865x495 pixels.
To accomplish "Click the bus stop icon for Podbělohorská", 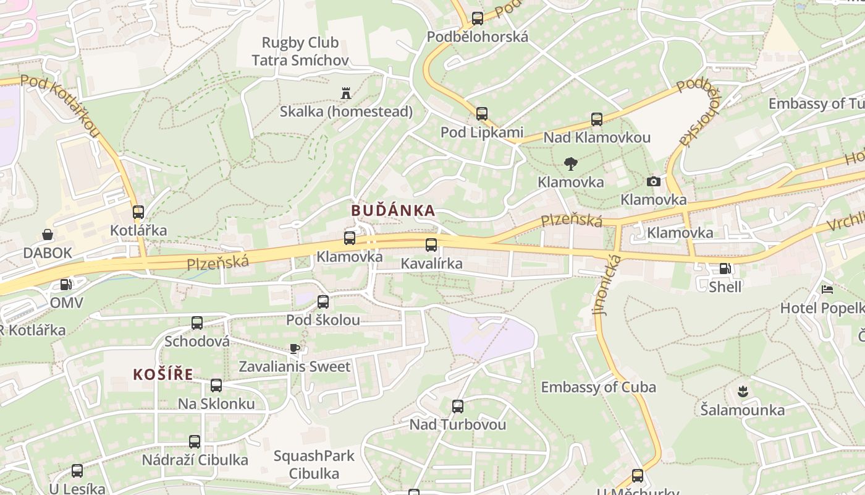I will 477,19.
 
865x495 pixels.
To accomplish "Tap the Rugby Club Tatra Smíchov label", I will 300,51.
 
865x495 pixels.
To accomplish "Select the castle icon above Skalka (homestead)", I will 345,94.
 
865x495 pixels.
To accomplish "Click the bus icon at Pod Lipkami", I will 481,114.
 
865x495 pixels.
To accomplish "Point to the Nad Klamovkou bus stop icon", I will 596,119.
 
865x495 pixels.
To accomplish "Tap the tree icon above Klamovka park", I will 570,164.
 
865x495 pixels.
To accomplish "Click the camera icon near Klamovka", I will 653,181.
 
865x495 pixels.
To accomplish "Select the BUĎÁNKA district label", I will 393,210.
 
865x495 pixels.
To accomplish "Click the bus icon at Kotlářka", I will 138,212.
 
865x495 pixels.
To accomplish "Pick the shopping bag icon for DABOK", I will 48,235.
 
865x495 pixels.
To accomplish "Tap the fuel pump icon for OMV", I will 65,285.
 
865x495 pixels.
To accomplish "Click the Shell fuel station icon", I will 724,269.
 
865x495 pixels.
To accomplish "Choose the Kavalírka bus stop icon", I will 431,245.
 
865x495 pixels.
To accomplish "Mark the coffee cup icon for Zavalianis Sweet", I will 295,348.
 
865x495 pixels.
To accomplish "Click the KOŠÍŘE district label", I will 163,374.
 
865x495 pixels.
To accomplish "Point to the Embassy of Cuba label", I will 598,387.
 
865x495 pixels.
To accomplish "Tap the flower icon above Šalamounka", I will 742,391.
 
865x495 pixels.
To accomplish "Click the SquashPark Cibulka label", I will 314,465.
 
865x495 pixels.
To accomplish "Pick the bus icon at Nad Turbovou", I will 457,407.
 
